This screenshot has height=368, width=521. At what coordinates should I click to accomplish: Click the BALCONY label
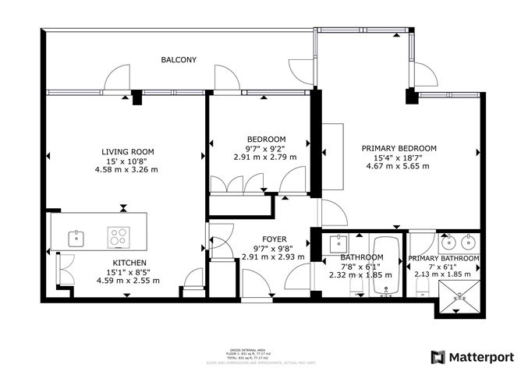(x=179, y=60)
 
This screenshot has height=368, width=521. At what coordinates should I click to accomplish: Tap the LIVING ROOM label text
(x=126, y=151)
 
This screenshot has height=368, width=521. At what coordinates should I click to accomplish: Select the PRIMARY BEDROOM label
(x=399, y=148)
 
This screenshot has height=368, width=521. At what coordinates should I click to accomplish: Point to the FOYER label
(x=274, y=239)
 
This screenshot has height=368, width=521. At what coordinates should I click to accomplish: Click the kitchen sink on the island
(x=77, y=235)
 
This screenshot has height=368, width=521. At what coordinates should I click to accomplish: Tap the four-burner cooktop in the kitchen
(x=119, y=235)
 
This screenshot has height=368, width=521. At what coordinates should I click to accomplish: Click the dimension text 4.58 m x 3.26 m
(x=126, y=169)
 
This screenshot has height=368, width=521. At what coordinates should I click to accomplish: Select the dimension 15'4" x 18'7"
(x=399, y=157)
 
